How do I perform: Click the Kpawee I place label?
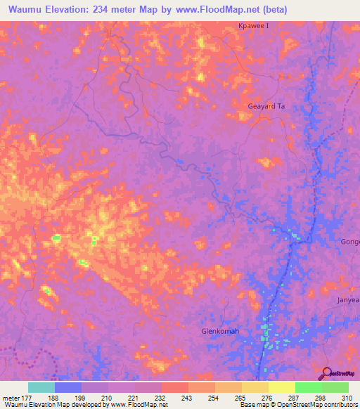click(x=251, y=27)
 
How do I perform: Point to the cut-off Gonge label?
click(x=350, y=242)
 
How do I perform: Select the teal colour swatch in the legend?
click(x=41, y=387)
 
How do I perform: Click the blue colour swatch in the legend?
click(x=68, y=387)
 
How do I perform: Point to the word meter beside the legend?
click(x=10, y=398)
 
